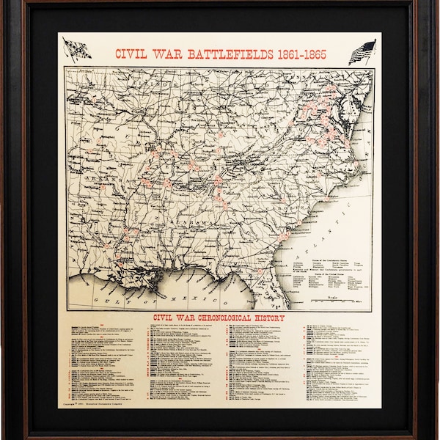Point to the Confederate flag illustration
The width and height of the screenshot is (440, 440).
(76, 48)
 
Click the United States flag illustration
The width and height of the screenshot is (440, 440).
(362, 51)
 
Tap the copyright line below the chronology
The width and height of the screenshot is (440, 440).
(95, 403)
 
